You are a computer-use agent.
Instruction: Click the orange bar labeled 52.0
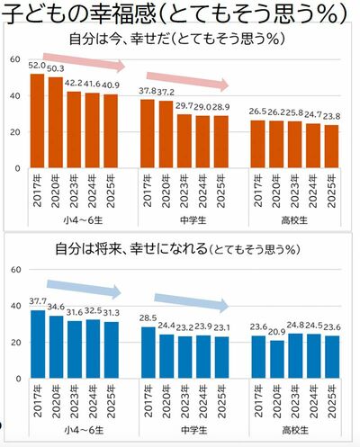37,121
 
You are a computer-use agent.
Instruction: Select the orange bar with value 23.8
331,147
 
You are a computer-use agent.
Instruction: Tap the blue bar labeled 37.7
38,344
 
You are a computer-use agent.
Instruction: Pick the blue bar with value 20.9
276,359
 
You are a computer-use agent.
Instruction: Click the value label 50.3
56,68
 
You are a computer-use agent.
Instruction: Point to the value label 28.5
148,318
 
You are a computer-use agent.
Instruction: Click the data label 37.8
148,91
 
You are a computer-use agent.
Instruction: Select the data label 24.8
295,326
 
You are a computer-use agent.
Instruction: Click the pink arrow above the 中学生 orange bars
187,81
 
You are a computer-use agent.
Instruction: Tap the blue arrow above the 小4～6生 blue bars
84,289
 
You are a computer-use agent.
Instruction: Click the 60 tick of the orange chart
15,59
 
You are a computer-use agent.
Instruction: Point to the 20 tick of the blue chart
16,343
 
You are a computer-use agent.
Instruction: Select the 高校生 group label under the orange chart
294,220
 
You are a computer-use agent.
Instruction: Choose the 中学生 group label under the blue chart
194,431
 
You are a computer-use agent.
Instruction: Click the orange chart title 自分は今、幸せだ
120,39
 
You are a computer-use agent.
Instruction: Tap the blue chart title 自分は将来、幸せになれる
131,249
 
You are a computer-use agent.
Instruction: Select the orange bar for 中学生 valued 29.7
184,141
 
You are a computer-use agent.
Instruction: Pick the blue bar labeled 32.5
93,349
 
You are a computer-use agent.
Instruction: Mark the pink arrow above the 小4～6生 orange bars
84,62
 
